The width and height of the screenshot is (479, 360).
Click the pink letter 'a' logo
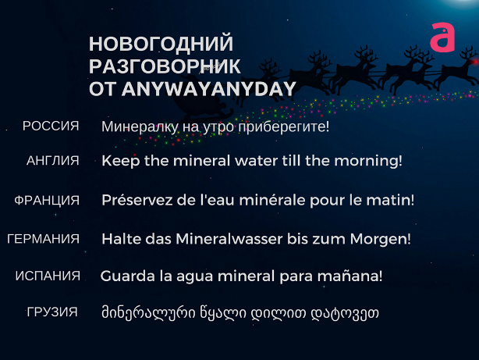coord(442,37)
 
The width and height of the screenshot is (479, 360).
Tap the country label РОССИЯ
coord(51,126)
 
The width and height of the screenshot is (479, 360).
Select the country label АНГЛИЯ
coord(53,161)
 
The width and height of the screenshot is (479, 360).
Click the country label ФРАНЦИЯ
coord(47,201)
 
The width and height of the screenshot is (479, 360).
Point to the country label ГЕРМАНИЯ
coord(43,239)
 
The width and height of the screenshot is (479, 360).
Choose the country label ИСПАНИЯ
coord(48,276)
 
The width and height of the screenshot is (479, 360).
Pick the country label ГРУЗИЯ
coord(52,312)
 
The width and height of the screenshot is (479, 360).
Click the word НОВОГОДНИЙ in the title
coord(161,44)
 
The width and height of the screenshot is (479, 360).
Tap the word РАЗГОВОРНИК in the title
coord(165,66)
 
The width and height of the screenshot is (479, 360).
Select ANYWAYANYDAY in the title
coord(209,89)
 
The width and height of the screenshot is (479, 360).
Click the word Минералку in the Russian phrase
coord(140,127)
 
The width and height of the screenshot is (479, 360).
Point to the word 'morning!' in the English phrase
coord(368,161)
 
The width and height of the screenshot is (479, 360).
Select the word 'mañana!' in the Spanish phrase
coord(349,276)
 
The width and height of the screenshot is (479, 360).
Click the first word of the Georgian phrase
coord(148,313)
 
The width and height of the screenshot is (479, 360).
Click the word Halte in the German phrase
coord(121,239)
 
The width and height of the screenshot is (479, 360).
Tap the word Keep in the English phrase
coord(121,161)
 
